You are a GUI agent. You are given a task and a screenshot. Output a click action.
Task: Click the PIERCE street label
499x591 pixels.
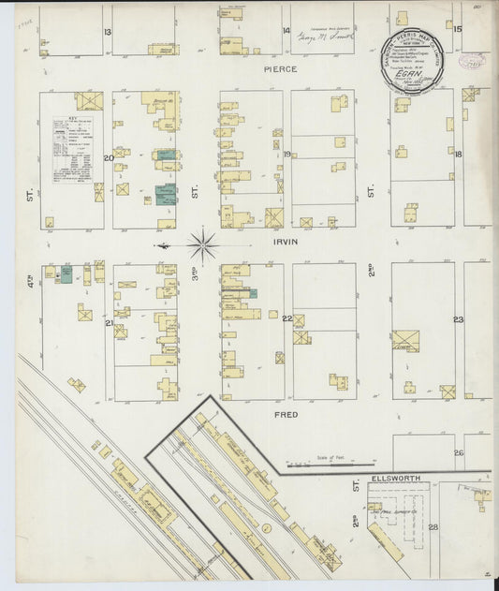click(280, 69)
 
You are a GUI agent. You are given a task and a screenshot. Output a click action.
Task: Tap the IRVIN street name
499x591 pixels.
click(285, 241)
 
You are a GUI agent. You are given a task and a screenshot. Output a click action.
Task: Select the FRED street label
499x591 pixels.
click(286, 413)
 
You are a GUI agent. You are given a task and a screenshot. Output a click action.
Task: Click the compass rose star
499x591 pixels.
click(202, 245)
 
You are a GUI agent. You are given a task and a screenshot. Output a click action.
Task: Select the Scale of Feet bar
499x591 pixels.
click(305, 461)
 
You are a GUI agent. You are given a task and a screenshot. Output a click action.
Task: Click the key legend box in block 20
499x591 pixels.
click(72, 150)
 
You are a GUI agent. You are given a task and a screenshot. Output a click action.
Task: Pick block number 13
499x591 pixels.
click(108, 32)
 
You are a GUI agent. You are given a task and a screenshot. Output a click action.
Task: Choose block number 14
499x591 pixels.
click(286, 31)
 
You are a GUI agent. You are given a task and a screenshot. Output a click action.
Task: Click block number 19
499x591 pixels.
click(287, 155)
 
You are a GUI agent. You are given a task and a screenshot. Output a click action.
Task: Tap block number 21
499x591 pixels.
click(109, 323)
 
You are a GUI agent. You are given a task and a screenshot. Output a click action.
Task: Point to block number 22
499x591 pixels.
click(287, 318)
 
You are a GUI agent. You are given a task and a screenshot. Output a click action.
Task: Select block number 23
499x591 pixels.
click(458, 319)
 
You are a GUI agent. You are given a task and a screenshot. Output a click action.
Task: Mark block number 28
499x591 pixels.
click(433, 526)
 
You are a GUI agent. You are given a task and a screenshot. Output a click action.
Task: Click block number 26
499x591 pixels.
click(458, 452)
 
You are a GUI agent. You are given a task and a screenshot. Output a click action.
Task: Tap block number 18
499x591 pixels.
click(458, 155)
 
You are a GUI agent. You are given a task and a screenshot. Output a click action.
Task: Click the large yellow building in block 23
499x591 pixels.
click(405, 341)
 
